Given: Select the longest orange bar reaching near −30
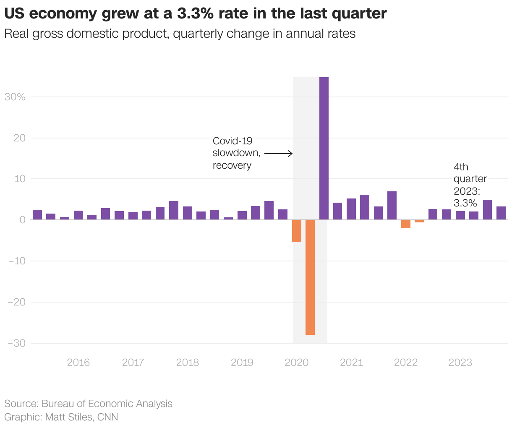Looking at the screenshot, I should coord(310,277).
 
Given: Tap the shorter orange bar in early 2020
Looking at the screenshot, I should coord(297,231).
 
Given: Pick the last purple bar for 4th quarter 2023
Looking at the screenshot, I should coord(501,213).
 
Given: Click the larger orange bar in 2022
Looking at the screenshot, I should coord(405,224).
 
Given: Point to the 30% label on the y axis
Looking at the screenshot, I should coord(15,97).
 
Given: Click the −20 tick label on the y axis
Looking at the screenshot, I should coord(16,302).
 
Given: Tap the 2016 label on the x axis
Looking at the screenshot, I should coord(78,363).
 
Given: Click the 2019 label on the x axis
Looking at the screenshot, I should coord(242,363).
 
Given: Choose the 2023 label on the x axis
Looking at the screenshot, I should coord(460,363).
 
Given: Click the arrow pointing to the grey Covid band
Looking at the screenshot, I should coord(278,154).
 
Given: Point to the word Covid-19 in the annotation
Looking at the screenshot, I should coord(232,141).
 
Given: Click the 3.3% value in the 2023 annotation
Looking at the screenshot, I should coord(465,203).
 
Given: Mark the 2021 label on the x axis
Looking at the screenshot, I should coord(351,363).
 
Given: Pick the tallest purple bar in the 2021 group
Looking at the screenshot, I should coord(392,206).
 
